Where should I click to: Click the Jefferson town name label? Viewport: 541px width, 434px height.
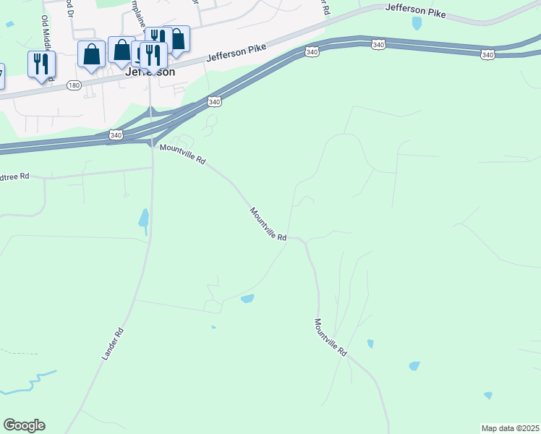(150, 72)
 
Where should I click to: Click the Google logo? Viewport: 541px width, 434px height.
(24, 425)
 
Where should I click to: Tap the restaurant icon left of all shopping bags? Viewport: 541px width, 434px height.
(41, 64)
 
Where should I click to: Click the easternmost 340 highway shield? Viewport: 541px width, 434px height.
(487, 55)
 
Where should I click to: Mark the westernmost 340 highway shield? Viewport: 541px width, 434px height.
(116, 135)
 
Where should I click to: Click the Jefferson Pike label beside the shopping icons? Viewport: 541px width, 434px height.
(236, 54)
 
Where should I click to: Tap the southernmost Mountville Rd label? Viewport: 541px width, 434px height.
(331, 337)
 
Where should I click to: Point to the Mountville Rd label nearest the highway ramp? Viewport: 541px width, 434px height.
(183, 154)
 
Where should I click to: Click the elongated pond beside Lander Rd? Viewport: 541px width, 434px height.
(144, 218)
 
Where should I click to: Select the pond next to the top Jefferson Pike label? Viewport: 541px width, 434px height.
(417, 23)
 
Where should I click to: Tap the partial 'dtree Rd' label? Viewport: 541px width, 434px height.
(14, 176)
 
